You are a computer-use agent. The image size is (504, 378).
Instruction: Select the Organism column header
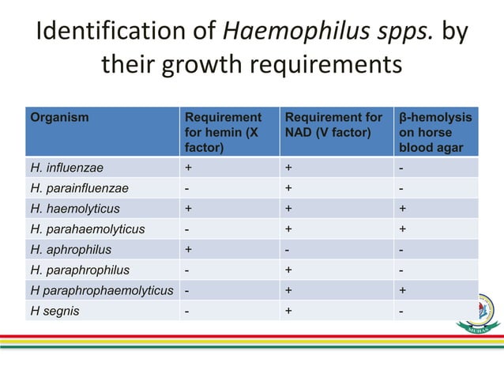[59, 118]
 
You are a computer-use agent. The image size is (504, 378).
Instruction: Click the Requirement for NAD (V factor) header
[333, 125]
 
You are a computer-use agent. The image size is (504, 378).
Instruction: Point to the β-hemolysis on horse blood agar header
[435, 132]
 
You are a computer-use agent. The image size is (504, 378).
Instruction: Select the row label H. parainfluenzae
[79, 188]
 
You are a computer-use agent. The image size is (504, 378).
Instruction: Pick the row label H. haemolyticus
[75, 209]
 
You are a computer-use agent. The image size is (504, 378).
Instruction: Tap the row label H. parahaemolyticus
[87, 229]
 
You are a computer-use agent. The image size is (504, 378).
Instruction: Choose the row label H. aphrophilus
[70, 250]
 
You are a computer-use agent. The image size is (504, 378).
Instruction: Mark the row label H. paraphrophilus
[80, 270]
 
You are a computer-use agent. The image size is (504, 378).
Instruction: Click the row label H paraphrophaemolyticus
[101, 291]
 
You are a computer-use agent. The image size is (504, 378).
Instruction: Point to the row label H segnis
[56, 312]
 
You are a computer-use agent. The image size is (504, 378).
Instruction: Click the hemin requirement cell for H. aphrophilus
[188, 250]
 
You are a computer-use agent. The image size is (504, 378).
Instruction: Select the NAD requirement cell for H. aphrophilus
[289, 250]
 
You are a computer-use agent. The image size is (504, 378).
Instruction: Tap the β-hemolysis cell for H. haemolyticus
[403, 209]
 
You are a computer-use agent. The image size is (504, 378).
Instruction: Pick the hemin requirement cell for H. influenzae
[188, 168]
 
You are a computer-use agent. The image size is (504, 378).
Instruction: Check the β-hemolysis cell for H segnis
[402, 312]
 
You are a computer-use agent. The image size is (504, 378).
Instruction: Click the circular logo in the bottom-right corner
[480, 309]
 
